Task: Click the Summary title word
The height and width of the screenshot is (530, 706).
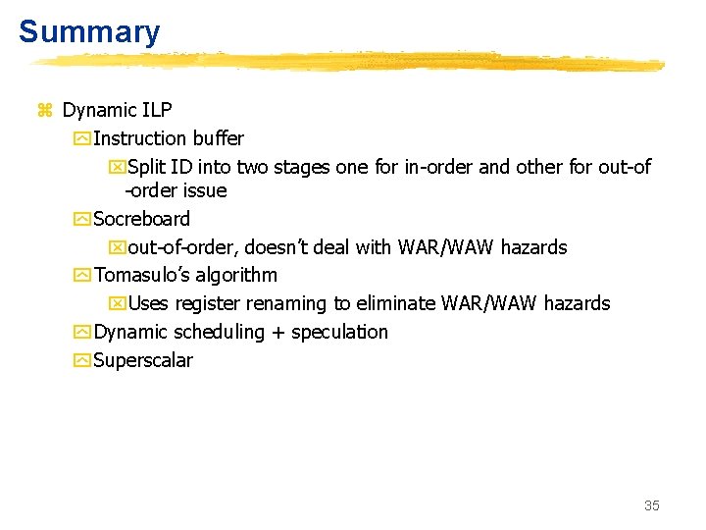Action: point(89,31)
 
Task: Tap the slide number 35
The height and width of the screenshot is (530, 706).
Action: point(652,505)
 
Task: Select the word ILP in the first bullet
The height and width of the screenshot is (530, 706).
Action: point(157,110)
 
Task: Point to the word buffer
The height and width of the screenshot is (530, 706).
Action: point(218,138)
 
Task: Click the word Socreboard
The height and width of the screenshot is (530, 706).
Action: point(141,219)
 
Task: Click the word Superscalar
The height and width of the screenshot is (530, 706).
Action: point(143,360)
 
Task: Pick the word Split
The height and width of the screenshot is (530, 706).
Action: point(147,167)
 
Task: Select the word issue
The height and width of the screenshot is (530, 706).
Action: point(205,190)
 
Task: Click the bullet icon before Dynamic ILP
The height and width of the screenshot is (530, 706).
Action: point(44,111)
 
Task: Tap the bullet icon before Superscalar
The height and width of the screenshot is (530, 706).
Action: point(81,360)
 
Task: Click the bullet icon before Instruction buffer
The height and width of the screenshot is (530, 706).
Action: point(81,139)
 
